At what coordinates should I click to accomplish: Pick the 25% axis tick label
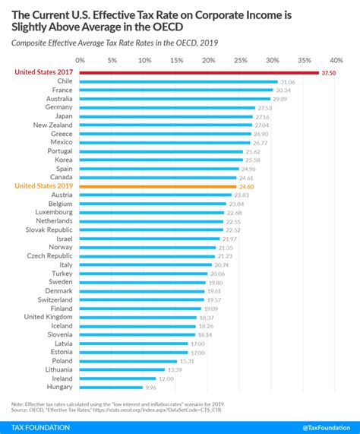(240, 59)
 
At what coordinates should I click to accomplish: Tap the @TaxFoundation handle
(320, 426)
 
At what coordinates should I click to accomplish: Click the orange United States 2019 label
(44, 185)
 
